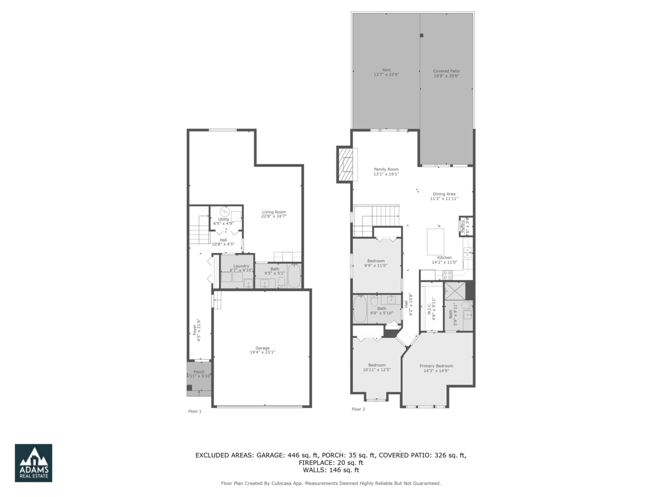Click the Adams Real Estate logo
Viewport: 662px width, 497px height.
33,463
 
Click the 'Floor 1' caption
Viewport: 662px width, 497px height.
195,411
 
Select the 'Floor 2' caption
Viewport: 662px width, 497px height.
358,409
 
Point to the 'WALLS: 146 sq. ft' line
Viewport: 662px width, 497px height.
330,470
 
